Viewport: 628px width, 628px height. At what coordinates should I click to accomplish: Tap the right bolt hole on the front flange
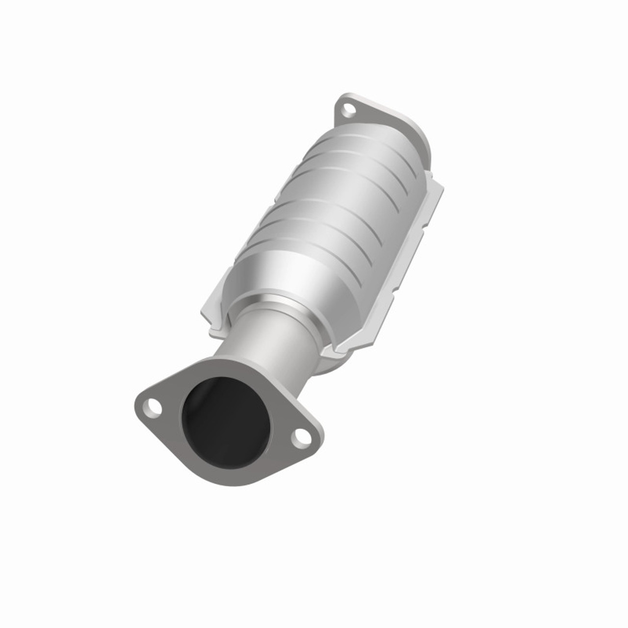(300, 437)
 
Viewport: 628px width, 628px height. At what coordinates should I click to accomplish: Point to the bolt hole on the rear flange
(348, 109)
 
